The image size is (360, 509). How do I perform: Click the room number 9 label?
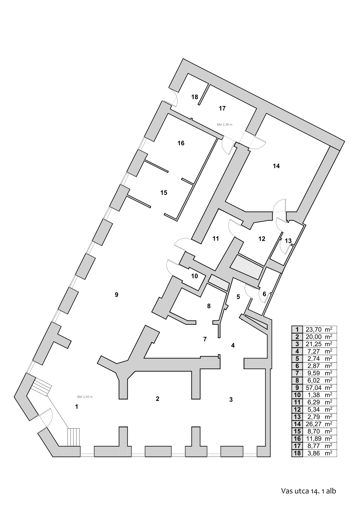pos(116,295)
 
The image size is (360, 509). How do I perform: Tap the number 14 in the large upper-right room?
pos(276,166)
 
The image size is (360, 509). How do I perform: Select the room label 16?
pos(181,143)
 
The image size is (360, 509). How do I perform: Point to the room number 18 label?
pos(195,97)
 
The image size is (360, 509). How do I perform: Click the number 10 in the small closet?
pos(195,276)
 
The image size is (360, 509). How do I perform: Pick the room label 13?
pos(288,241)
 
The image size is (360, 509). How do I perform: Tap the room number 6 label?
pos(264,294)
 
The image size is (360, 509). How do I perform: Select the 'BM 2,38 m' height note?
pos(224,125)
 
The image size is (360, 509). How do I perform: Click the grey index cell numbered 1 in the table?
pos(297,329)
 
